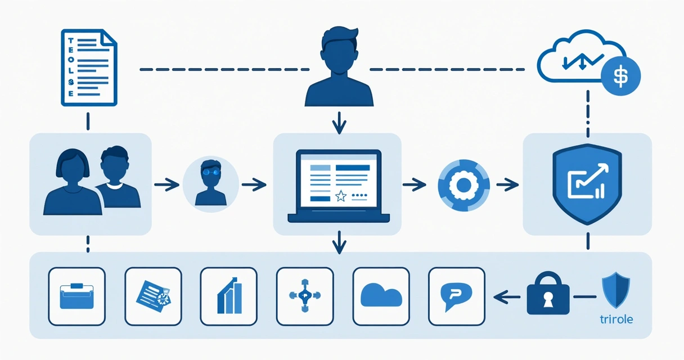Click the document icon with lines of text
[88, 68]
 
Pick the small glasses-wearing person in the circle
[210, 183]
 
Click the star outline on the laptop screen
[340, 196]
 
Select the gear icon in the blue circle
[463, 184]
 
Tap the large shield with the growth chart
[587, 183]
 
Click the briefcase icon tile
[77, 296]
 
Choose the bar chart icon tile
[228, 296]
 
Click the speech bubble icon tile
[456, 296]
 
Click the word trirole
[617, 319]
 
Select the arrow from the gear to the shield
[507, 183]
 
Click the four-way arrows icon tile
[304, 296]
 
